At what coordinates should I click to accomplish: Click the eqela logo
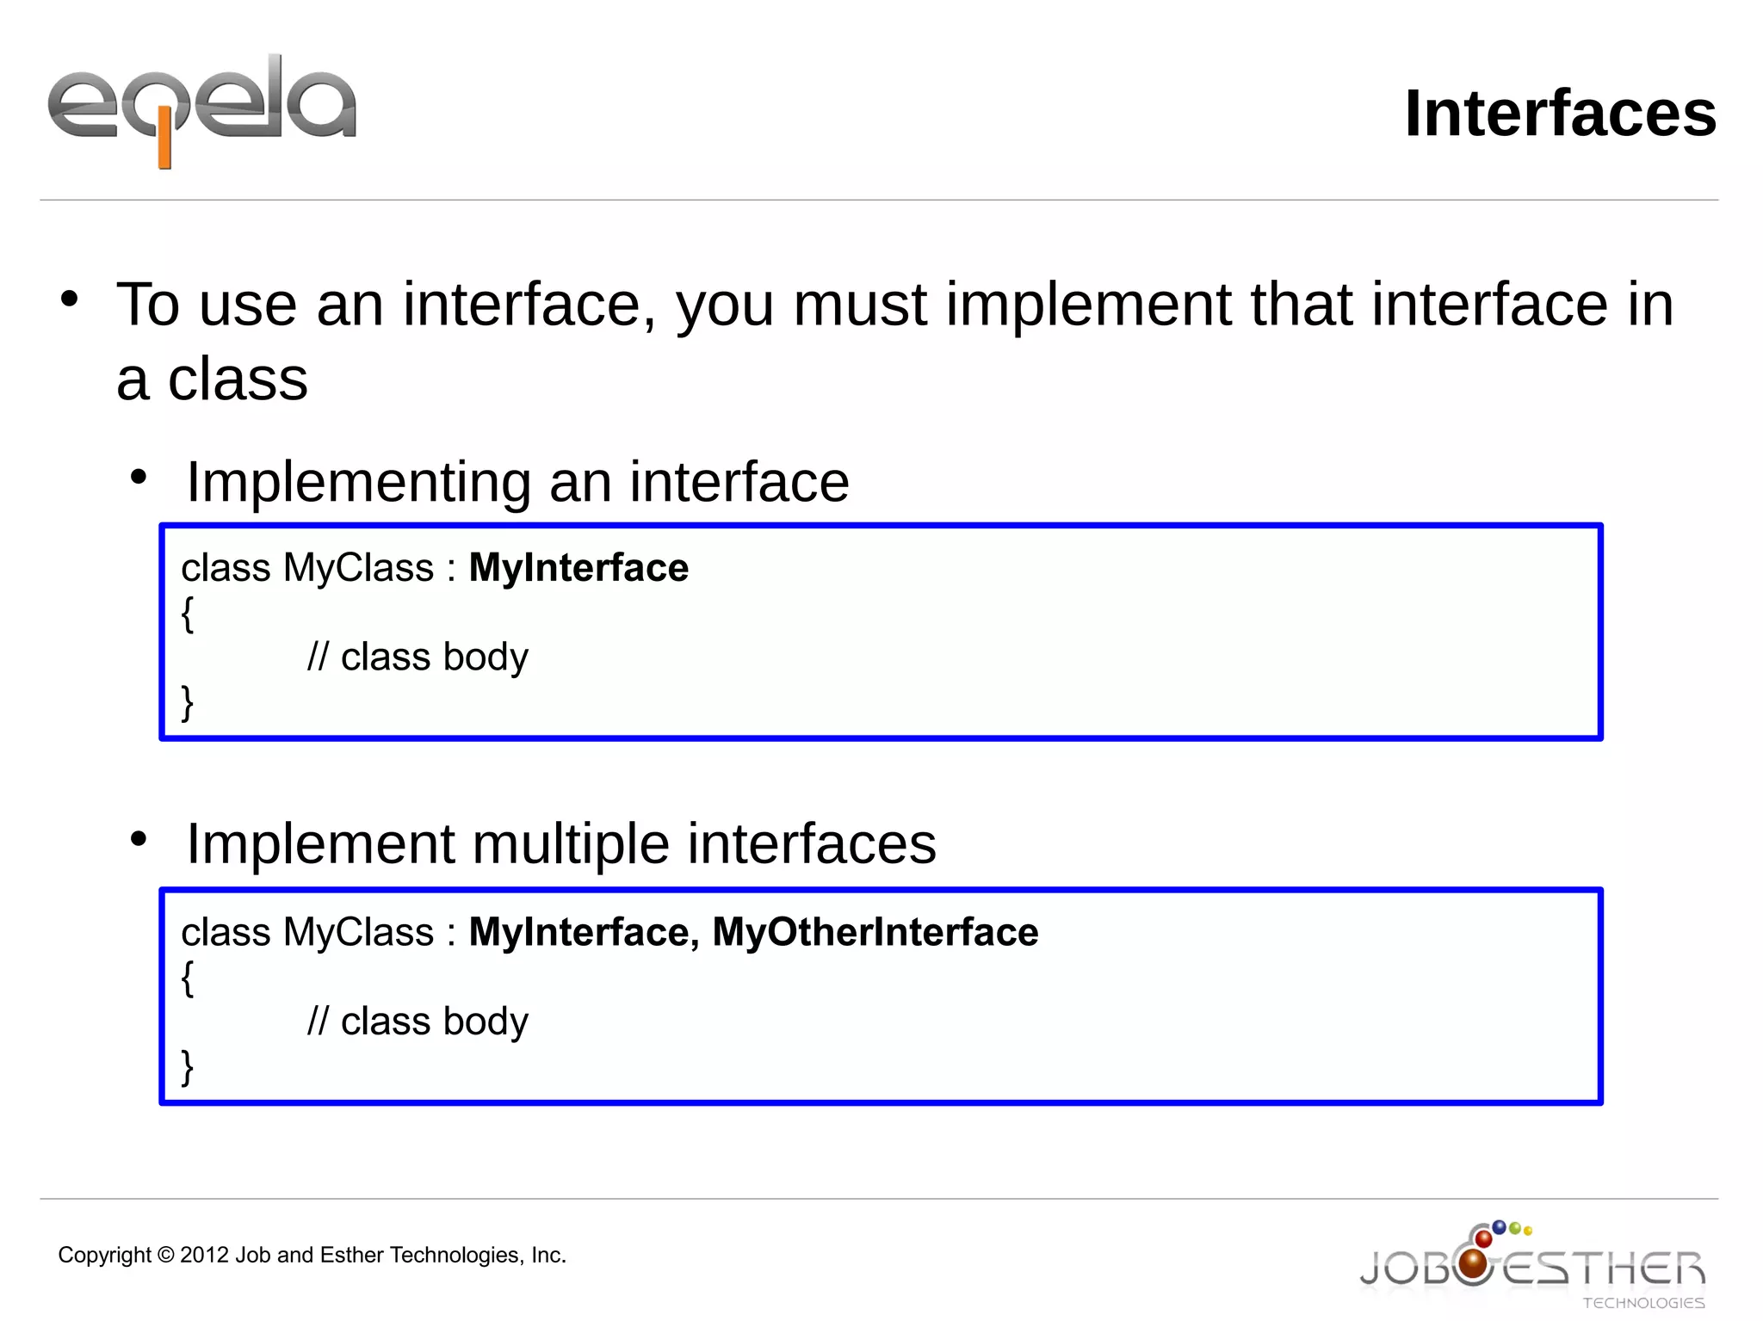point(201,108)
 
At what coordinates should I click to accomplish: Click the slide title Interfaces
point(1560,114)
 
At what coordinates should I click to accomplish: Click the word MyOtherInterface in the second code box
point(875,932)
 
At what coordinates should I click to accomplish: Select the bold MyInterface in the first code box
point(578,568)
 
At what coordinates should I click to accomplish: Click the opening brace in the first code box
point(188,614)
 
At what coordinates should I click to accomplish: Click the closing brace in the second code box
point(188,1067)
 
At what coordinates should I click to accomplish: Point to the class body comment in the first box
point(418,657)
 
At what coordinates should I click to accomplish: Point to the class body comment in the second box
point(418,1022)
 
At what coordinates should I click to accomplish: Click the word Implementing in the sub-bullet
point(358,482)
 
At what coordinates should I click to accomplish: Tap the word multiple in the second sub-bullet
point(571,843)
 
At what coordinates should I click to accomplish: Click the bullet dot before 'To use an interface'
point(70,299)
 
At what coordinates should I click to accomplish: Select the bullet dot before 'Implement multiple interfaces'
point(139,839)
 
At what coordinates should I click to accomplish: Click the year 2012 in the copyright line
point(204,1256)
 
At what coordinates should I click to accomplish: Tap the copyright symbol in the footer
point(165,1256)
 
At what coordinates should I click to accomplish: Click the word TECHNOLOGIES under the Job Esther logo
point(1643,1303)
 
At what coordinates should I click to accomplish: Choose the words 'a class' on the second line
point(212,380)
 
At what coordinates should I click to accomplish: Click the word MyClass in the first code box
point(358,568)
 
